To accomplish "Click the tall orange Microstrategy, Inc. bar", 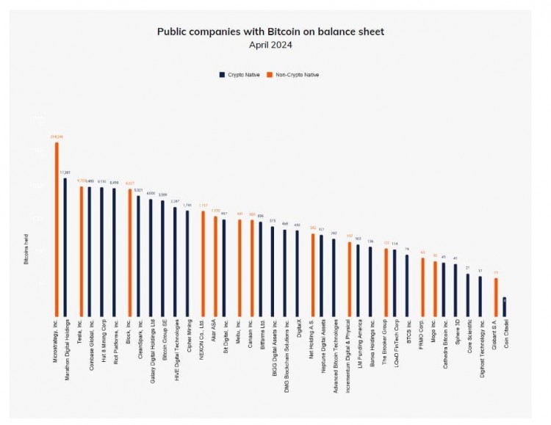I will (57, 228).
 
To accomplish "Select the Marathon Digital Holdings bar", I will (65, 245).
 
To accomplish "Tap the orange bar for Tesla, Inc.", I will (81, 250).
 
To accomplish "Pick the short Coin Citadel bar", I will (504, 305).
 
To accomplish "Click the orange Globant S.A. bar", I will (495, 295).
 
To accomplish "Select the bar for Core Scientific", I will (468, 293).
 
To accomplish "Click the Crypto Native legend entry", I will (241, 75).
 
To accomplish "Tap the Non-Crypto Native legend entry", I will (294, 75).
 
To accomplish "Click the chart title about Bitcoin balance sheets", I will (270, 32).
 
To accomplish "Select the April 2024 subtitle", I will (270, 45).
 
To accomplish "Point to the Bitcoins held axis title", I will (26, 251).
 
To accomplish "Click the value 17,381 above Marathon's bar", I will (65, 172).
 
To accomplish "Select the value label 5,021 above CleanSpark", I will (138, 190).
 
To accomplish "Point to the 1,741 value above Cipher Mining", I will (187, 206).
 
